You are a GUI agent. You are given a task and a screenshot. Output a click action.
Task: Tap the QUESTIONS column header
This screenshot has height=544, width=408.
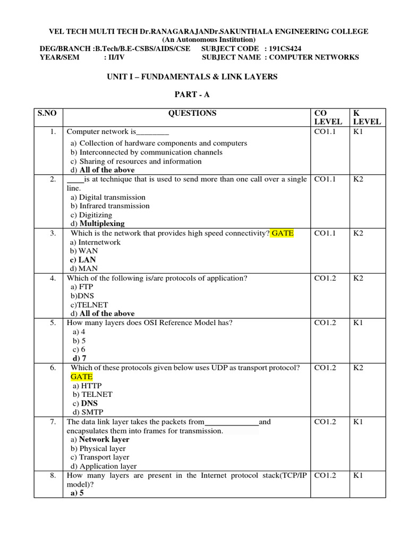point(192,113)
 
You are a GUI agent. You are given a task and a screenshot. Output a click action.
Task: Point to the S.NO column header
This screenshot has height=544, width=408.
point(50,113)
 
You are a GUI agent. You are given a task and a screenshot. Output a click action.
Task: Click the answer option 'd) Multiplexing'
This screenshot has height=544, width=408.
point(97,224)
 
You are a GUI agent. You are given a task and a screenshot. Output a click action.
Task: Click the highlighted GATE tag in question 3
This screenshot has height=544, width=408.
point(282,233)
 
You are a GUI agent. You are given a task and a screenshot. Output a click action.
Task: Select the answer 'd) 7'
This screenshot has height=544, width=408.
point(79,359)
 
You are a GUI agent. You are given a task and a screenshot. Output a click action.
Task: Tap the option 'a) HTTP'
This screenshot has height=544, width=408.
point(86,386)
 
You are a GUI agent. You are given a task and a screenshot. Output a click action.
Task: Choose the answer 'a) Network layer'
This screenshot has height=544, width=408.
point(100,439)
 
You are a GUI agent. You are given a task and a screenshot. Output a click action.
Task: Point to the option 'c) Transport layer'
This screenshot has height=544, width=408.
point(100,457)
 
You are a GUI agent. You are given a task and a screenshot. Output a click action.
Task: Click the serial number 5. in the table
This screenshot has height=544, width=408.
point(53,322)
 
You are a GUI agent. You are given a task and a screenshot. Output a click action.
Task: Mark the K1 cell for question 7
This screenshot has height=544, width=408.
point(358,422)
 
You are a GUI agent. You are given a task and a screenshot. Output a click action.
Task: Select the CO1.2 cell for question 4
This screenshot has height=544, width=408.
point(325,278)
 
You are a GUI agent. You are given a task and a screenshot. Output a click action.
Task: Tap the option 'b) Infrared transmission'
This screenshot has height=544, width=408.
point(110,206)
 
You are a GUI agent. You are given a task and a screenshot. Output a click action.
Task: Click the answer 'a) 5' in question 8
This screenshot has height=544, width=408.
point(77,493)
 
